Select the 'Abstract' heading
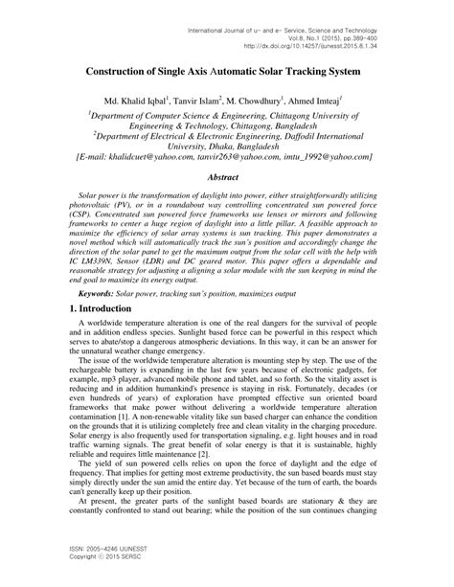click(x=227, y=177)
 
